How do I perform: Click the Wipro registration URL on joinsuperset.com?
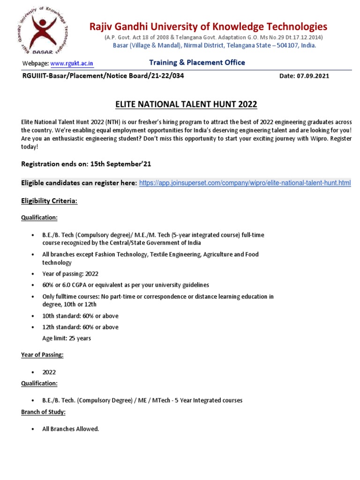[x=245, y=182]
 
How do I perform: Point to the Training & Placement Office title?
[x=197, y=62]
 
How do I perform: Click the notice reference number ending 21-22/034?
[x=100, y=76]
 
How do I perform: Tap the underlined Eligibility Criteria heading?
[x=49, y=201]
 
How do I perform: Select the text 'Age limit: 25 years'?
[x=67, y=338]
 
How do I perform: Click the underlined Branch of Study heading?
[x=43, y=412]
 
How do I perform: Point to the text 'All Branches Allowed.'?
[x=71, y=429]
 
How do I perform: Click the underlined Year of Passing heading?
[x=42, y=355]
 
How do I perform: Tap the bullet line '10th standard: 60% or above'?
[x=80, y=315]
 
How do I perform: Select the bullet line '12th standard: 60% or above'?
[x=80, y=327]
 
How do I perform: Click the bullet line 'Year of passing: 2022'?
[x=70, y=274]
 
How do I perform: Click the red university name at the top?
[x=208, y=26]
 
